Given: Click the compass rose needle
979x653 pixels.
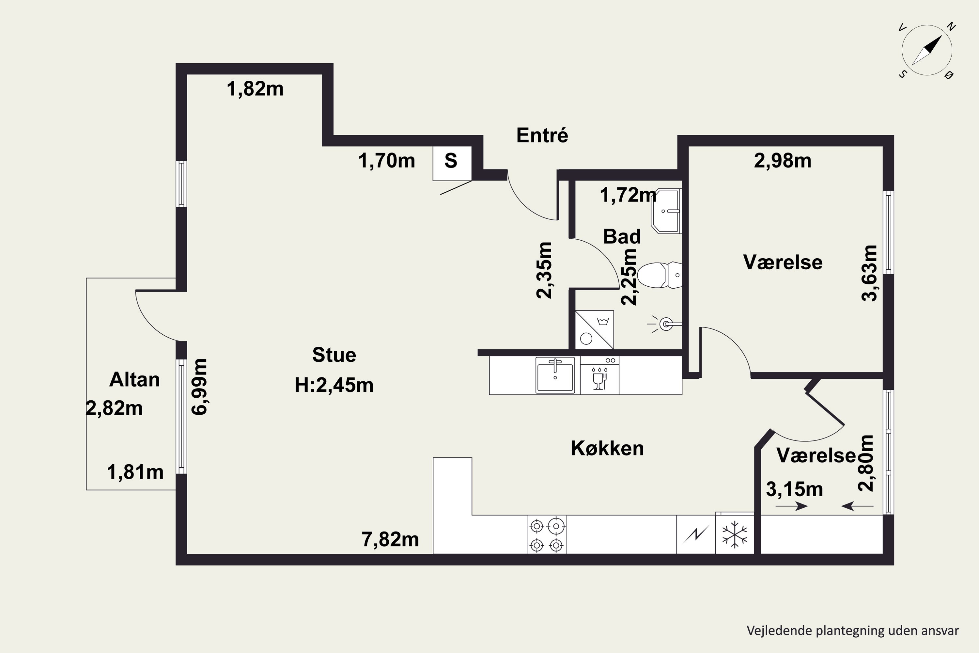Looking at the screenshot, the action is coord(926,50).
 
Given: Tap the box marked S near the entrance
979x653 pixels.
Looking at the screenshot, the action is coord(452,163).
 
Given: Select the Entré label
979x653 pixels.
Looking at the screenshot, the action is coord(542,135).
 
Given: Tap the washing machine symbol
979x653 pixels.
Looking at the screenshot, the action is coord(594,329).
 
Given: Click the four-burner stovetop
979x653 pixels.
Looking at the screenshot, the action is coord(547,535).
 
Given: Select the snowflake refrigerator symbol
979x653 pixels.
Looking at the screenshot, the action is coord(735,535).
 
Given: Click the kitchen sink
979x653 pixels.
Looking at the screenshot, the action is coord(555,375).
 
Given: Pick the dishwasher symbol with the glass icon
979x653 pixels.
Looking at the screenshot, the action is coord(600,375).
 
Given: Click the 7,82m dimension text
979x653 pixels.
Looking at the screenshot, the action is coord(390,539).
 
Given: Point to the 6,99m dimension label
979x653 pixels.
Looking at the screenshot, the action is coord(199,387).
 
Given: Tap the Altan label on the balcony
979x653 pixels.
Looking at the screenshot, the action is coord(134,379).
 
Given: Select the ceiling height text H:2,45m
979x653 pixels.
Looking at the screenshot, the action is coord(334,385).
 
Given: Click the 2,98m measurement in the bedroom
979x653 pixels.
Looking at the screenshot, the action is coord(783,161).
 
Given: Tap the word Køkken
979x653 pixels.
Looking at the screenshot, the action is coord(607,448).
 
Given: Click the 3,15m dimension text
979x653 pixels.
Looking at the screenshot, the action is coord(795,489).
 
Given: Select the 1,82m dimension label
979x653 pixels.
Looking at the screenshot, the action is coord(255,89).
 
